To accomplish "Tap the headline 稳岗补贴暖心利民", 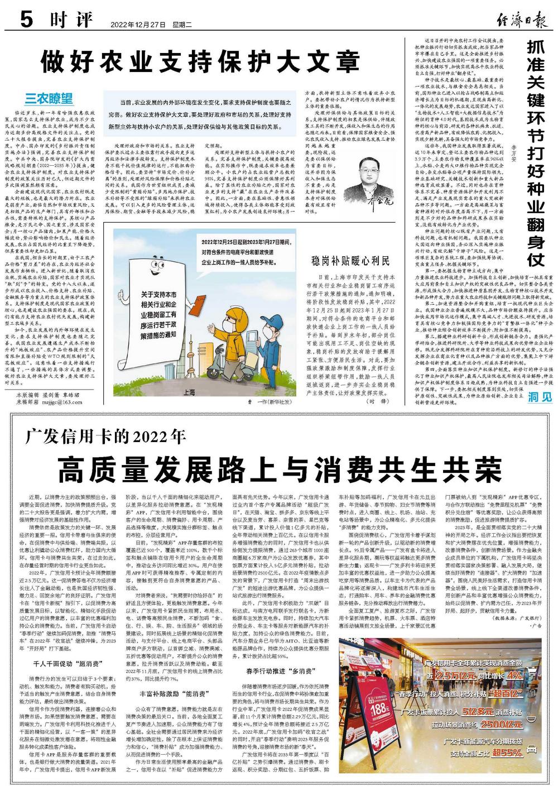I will (x=349, y=261).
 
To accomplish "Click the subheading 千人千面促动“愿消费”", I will (x=66, y=664).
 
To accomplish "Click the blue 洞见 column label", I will (x=541, y=397).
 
